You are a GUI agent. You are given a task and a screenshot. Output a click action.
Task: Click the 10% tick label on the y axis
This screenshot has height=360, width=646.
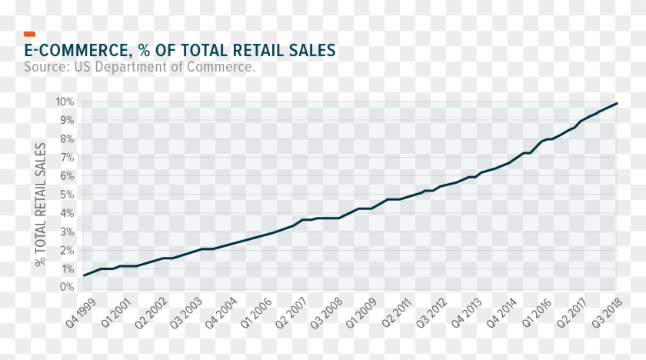point(65,102)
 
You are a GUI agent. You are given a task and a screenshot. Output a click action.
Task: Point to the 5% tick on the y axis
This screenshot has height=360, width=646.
point(67,195)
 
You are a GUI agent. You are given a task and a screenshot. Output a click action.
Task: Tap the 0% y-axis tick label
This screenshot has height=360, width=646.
point(67,287)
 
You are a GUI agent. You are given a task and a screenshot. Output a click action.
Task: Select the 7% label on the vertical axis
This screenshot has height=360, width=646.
point(67,158)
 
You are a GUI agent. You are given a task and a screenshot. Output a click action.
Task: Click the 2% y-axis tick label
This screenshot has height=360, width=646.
point(67,250)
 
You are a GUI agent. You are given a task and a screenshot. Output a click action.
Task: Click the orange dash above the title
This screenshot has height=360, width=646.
point(30,34)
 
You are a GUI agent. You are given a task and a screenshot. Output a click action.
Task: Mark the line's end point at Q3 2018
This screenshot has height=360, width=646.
point(617,103)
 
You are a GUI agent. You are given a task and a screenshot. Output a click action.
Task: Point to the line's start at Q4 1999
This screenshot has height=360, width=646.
point(84,275)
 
